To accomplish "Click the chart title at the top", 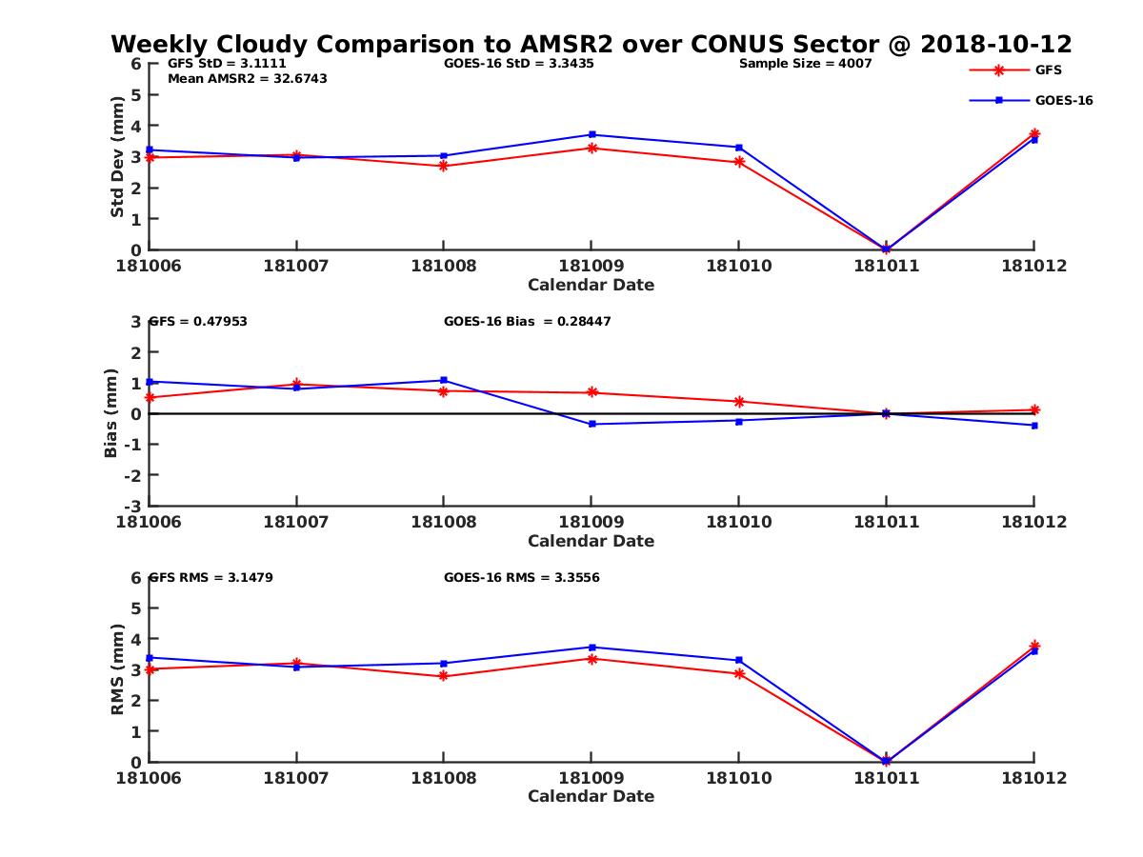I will point(591,44).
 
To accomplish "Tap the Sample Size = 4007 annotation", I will point(805,64).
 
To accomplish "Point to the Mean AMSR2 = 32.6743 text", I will point(247,78).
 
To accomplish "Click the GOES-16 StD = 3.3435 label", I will point(519,64).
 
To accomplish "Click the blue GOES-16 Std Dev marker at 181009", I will point(592,134).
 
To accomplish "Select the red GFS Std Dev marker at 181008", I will point(443,166).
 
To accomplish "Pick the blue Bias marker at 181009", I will point(592,424).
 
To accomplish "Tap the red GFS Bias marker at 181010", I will point(739,402).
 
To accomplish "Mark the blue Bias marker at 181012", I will point(1034,426).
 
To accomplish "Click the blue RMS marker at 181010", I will point(739,660).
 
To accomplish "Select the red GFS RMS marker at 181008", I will point(443,676).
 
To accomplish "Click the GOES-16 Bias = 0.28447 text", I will point(527,322).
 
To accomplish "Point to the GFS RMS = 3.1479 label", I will point(211,577).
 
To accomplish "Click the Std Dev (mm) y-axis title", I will point(117,156).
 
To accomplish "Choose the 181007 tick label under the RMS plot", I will point(296,778).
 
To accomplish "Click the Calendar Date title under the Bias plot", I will point(591,541).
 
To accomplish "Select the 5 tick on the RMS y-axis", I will point(135,608).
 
